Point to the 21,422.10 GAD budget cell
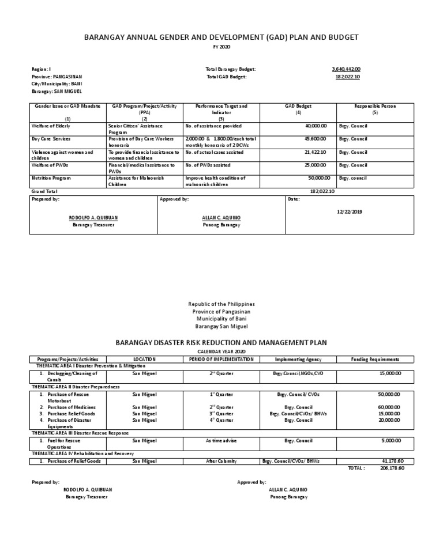coord(314,153)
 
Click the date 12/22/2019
coord(350,211)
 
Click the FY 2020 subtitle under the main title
coord(221,47)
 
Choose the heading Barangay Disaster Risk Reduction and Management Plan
coord(221,342)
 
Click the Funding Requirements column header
coord(375,359)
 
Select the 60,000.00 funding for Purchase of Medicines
coord(390,407)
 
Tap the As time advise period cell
coord(221,441)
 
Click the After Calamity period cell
coord(221,461)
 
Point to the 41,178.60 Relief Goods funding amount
coord(392,461)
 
